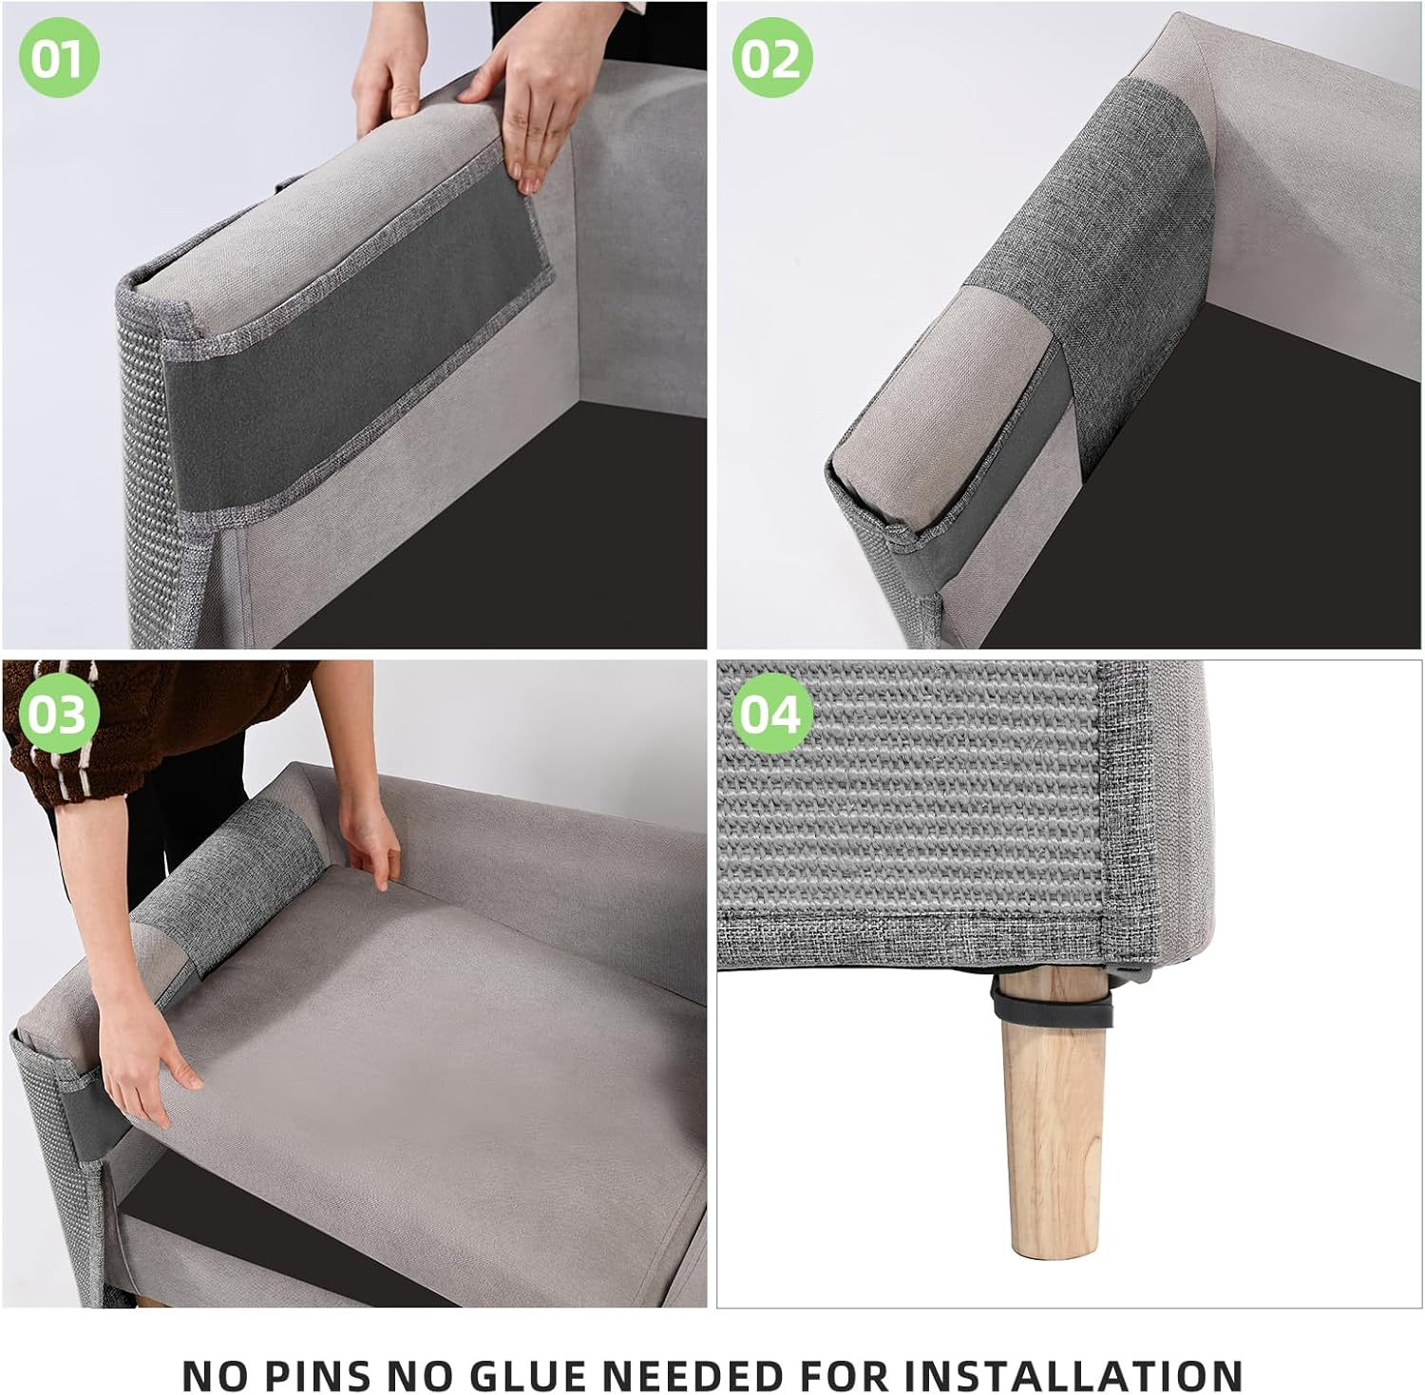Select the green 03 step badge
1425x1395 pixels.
58,714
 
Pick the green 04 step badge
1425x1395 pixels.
771,714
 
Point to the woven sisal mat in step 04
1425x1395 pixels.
902,808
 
